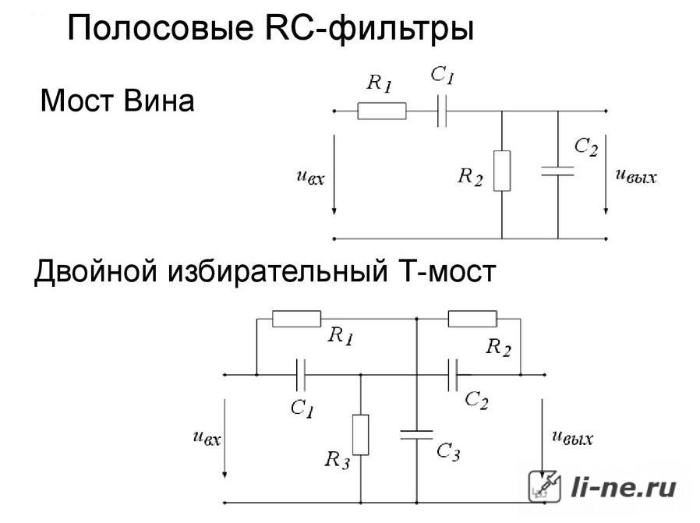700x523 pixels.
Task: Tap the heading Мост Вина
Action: (x=118, y=101)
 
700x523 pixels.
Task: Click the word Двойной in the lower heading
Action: (x=96, y=271)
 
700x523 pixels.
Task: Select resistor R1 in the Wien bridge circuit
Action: (x=382, y=111)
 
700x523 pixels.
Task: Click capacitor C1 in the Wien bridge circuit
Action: (x=442, y=111)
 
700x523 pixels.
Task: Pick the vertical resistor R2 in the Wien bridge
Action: (x=502, y=171)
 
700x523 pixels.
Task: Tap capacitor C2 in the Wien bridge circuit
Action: (x=557, y=171)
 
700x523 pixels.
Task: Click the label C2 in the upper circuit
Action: (x=585, y=147)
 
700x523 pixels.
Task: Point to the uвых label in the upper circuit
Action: (x=636, y=175)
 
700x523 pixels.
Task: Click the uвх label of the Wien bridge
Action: (x=311, y=177)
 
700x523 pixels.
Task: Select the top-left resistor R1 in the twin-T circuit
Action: (x=296, y=319)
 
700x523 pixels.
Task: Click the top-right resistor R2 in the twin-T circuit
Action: (x=472, y=319)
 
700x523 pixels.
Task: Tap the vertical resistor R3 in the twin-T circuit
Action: (x=360, y=435)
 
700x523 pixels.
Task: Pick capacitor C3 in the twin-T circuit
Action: (x=416, y=435)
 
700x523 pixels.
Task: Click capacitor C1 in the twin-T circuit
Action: (x=301, y=375)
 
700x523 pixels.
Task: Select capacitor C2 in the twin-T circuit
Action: (x=453, y=375)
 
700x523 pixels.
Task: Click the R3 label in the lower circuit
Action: (x=338, y=460)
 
